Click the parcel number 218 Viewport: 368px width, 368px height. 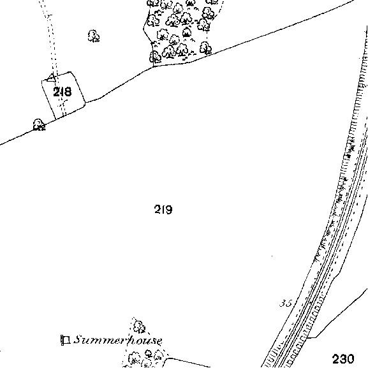tap(63, 92)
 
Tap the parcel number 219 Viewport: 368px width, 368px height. tap(163, 209)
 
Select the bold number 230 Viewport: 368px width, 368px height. tap(343, 359)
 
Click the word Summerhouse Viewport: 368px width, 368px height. tap(118, 340)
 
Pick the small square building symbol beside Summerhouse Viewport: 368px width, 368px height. tap(66, 340)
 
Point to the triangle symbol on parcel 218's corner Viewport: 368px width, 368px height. tap(51, 78)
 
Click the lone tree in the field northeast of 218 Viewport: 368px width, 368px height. tap(94, 36)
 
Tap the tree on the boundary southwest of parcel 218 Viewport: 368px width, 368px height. tap(39, 124)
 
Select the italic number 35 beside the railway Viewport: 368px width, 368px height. tap(286, 304)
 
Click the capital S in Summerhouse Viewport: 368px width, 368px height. tap(78, 339)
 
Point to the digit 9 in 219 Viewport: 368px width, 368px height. tap(168, 209)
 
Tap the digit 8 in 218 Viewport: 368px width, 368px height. tap(68, 92)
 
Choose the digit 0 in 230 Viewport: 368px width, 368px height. tap(350, 359)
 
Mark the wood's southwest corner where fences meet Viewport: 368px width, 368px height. tap(153, 67)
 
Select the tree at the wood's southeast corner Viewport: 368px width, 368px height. tap(205, 48)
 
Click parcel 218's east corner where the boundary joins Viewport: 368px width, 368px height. tap(85, 103)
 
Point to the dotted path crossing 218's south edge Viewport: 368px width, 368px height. tap(63, 116)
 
